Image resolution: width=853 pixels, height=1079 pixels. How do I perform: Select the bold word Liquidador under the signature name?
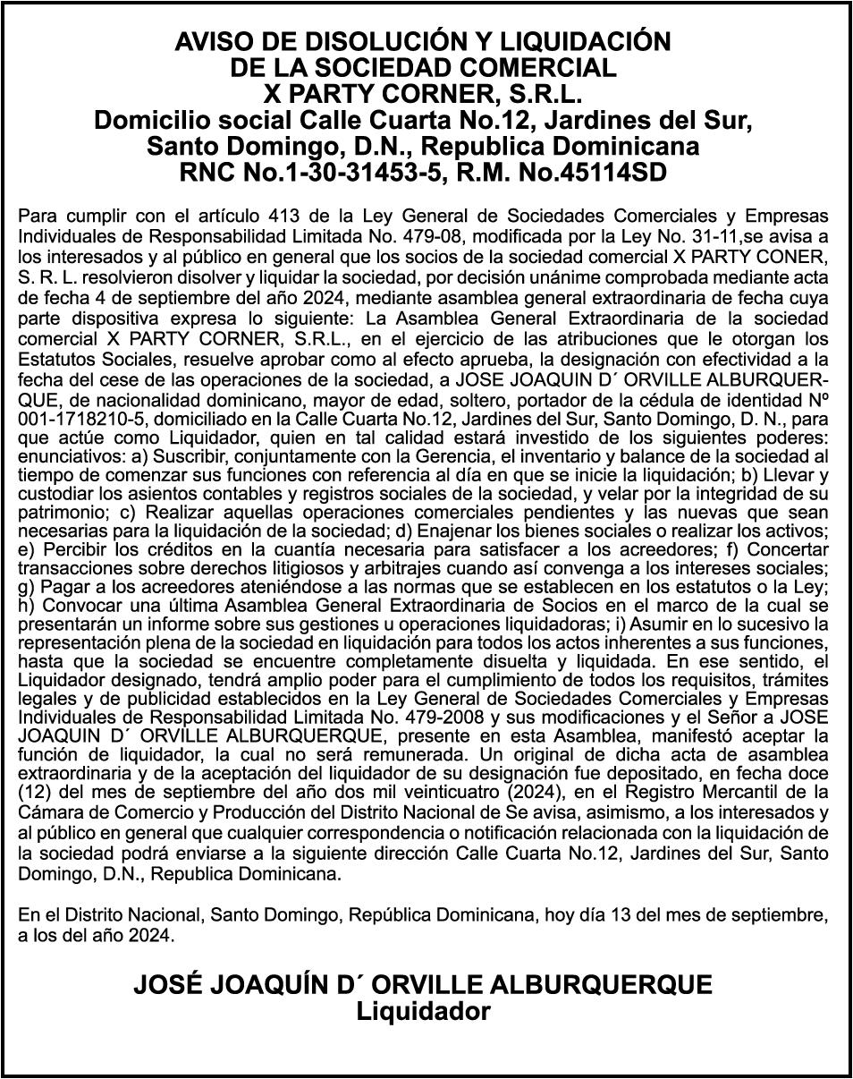tap(424, 1012)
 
